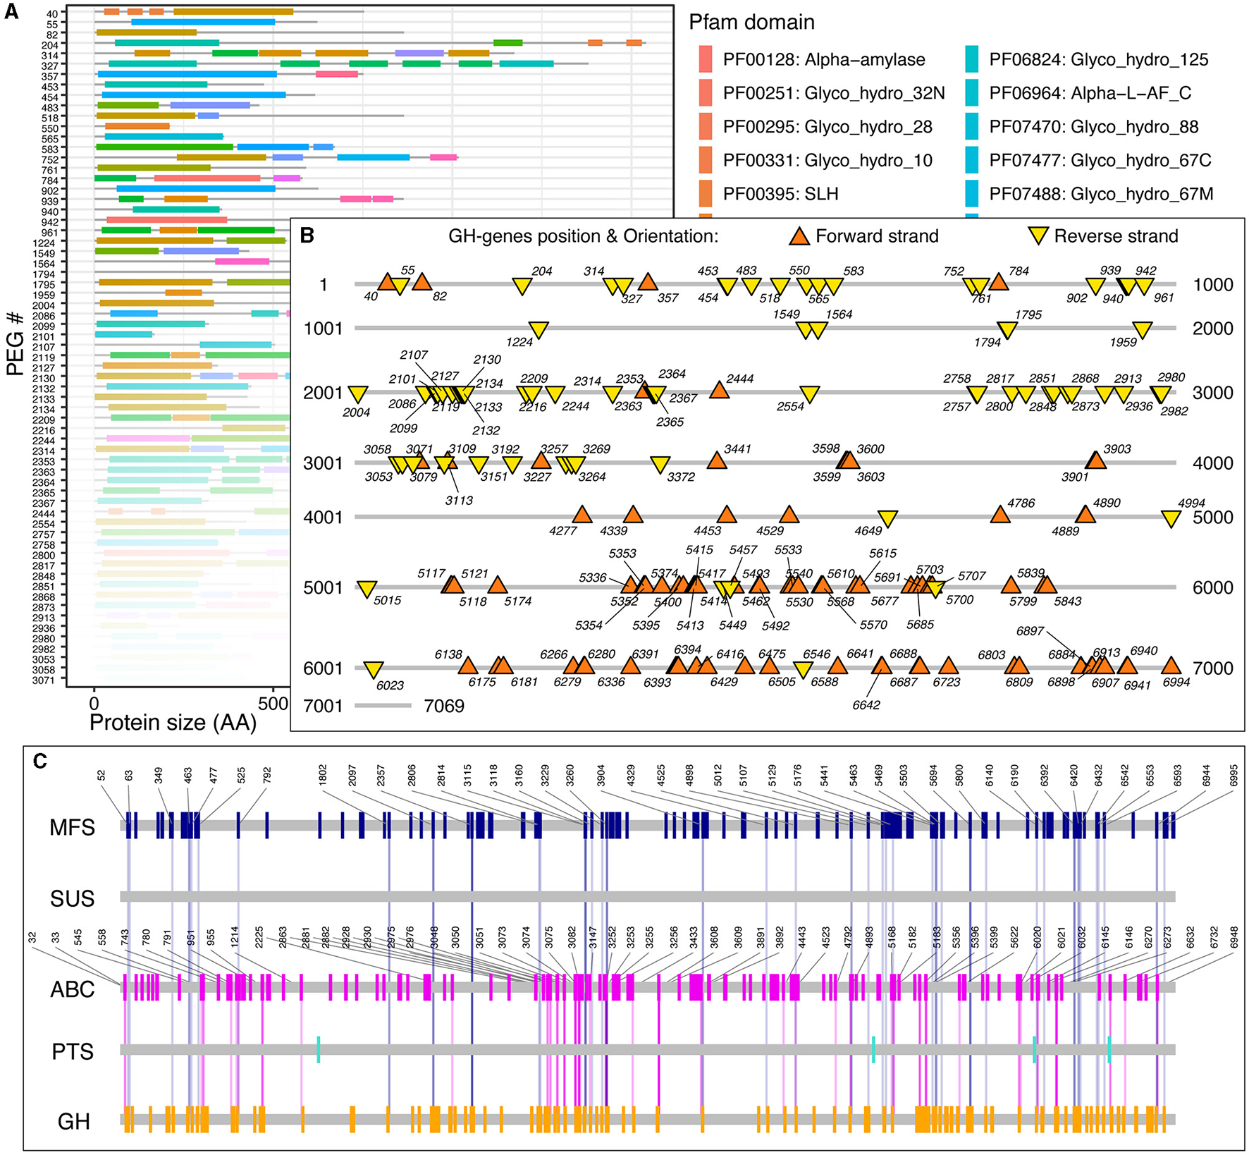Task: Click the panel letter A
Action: pos(11,13)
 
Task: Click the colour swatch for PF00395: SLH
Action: pos(706,194)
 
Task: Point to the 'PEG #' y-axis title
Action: pos(16,343)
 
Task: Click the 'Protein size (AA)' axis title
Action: pos(173,723)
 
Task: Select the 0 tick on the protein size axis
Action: pos(94,704)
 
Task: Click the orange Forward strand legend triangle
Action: pos(799,236)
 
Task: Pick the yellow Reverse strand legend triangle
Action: pos(1038,236)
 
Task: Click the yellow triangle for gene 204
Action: pos(522,286)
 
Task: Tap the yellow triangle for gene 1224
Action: pos(538,329)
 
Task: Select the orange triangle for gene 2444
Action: pos(719,390)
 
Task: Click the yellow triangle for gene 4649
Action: pos(887,519)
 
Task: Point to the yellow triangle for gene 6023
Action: pos(373,670)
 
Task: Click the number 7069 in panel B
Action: pos(444,706)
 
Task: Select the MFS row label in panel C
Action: pos(72,827)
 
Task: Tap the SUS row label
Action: pos(72,898)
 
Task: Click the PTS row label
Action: pos(73,1051)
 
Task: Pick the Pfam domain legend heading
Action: pos(751,23)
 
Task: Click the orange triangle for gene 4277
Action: pos(582,514)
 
